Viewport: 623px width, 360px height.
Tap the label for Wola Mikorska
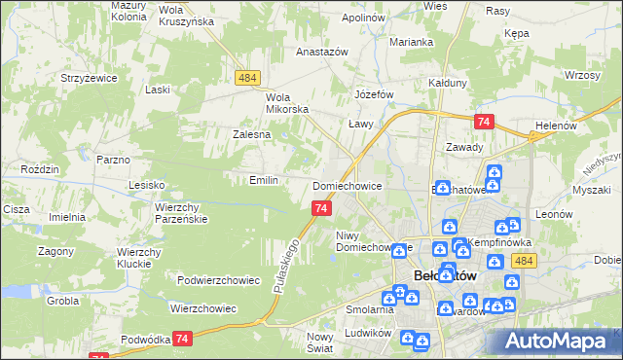(287, 102)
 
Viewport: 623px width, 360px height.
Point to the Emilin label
(264, 180)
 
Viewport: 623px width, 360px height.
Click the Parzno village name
(113, 158)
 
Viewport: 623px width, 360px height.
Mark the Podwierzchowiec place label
(219, 280)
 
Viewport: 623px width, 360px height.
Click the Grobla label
(62, 301)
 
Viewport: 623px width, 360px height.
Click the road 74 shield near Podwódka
(181, 338)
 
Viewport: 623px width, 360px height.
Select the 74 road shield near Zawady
(484, 122)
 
